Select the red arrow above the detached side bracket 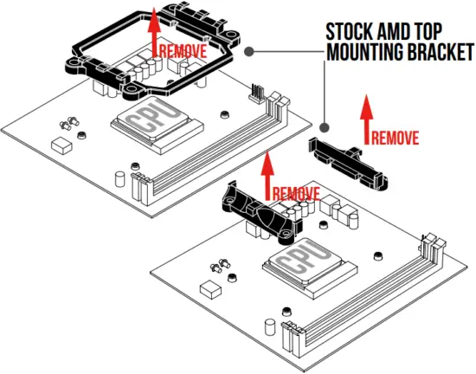(364, 119)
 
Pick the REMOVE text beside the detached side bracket (396, 138)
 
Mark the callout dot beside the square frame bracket (249, 52)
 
